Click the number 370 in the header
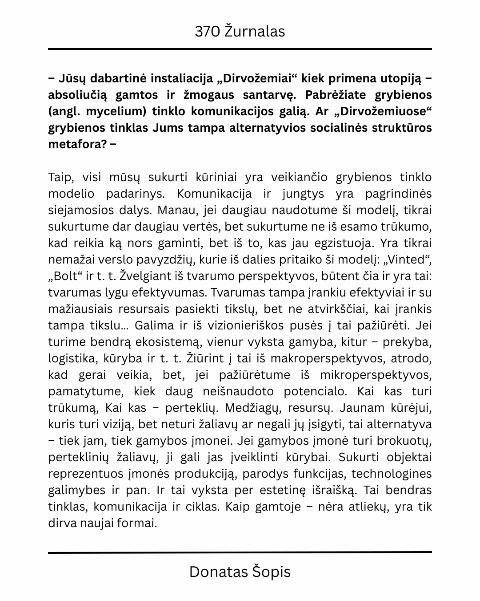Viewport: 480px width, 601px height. point(207,32)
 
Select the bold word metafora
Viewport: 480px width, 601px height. point(76,144)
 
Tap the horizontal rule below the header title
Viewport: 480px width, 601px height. point(240,49)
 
